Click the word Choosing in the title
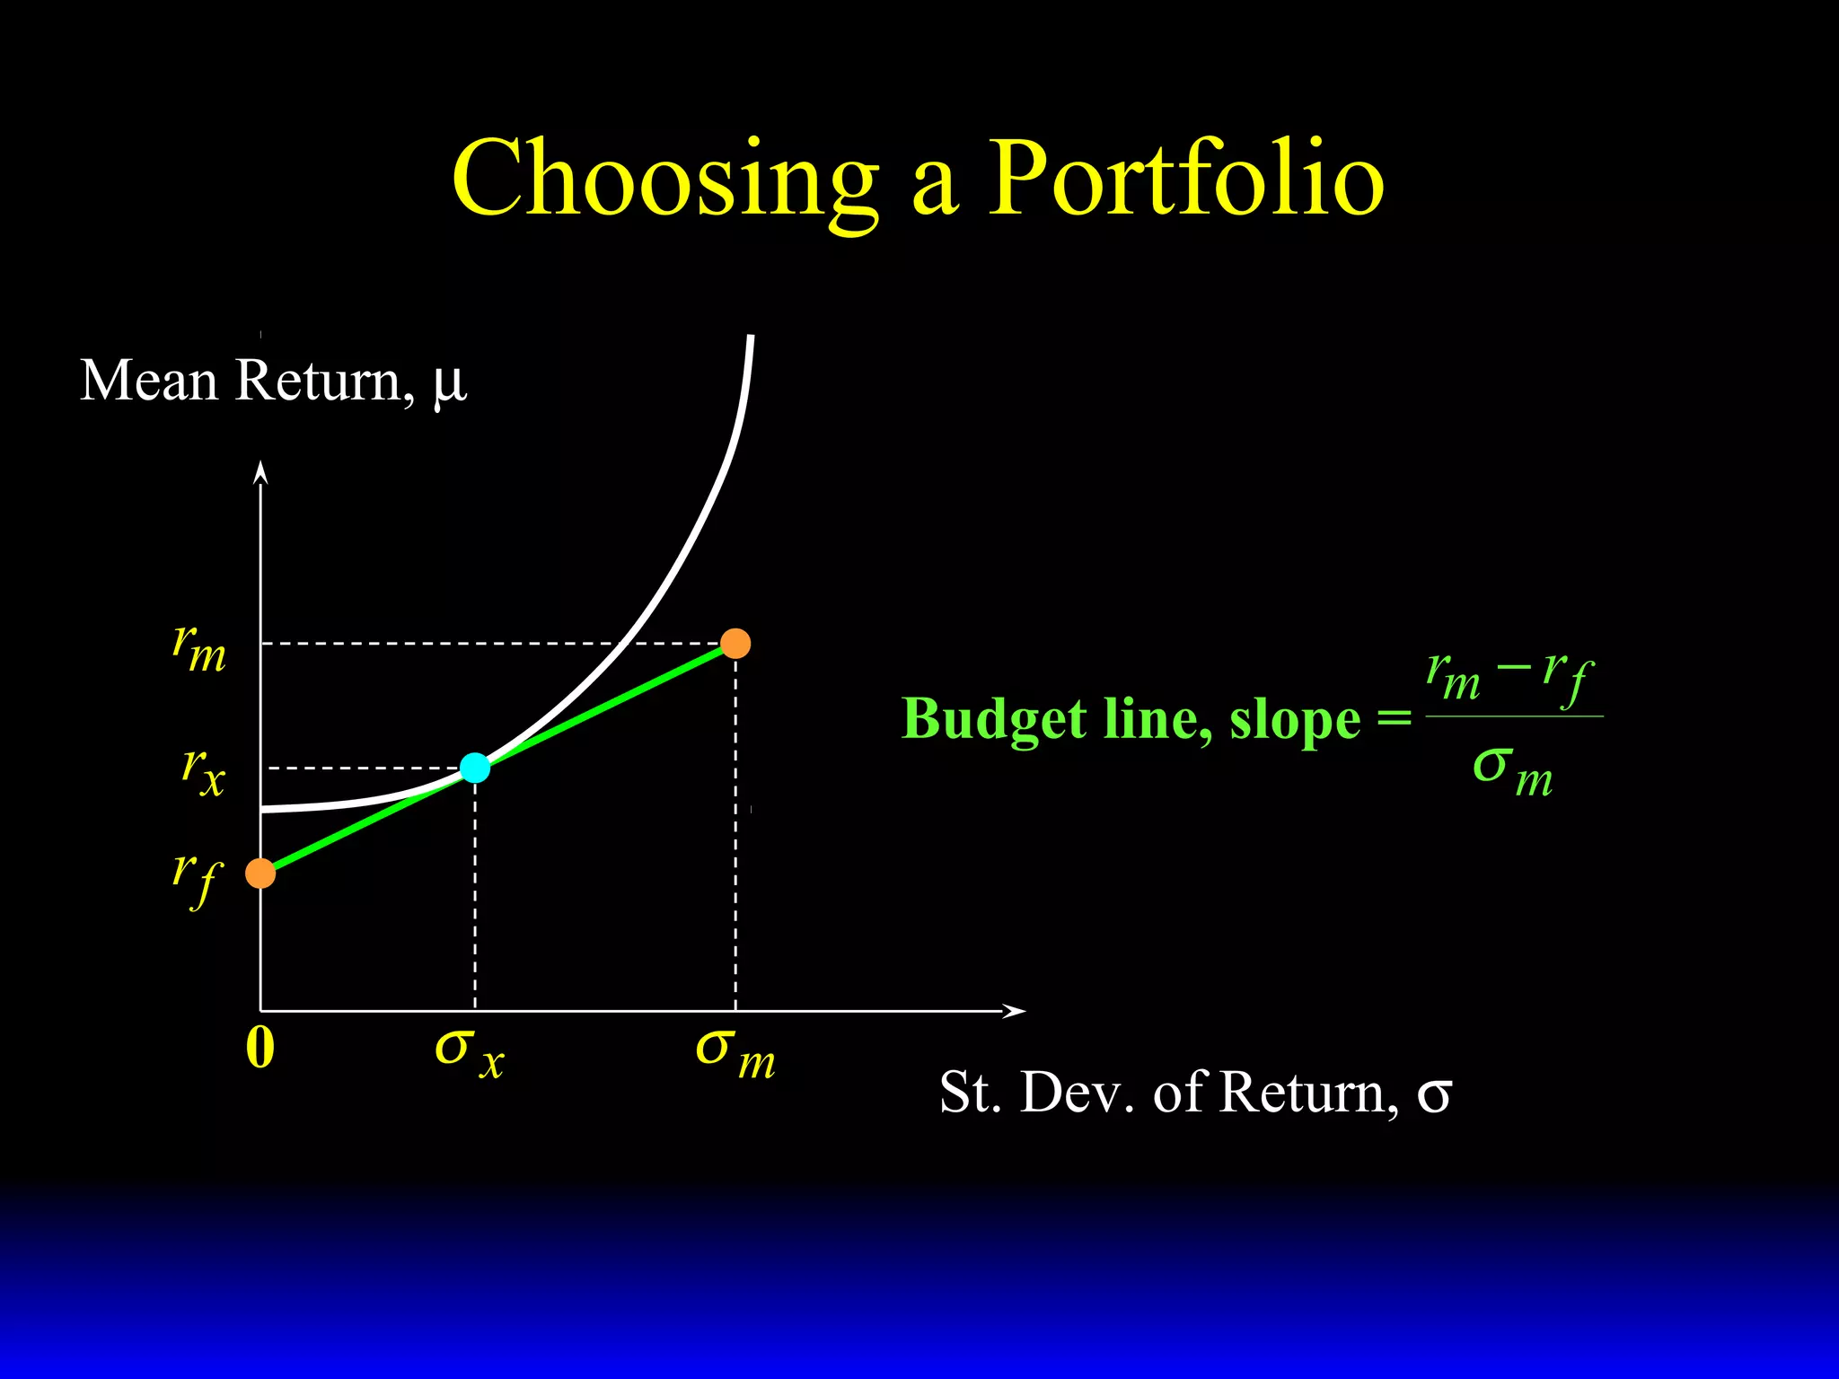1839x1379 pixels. coord(664,180)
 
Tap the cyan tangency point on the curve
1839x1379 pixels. coord(475,768)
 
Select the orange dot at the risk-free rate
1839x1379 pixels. coord(260,873)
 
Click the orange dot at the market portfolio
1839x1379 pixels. coord(735,644)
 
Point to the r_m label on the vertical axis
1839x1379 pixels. coord(199,649)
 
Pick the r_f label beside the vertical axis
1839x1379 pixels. coord(197,878)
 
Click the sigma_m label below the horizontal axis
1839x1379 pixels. coord(735,1052)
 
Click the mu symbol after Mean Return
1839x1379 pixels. coord(449,384)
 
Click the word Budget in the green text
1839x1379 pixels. coord(994,721)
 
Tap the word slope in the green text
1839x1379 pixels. coord(1295,721)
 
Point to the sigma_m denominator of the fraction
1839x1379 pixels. coord(1512,770)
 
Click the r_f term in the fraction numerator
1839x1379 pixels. coord(1568,678)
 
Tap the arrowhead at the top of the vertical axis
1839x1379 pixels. coord(260,471)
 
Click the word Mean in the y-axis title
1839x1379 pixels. coord(149,381)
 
